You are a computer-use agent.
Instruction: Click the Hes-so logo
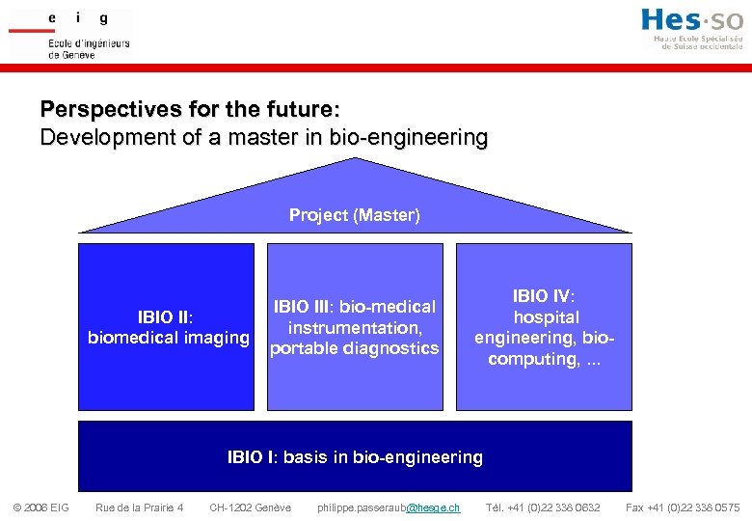coord(691,28)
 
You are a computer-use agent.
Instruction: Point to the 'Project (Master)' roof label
coord(355,215)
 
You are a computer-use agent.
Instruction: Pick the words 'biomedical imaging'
coord(168,338)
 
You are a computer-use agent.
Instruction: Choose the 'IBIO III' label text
coord(301,307)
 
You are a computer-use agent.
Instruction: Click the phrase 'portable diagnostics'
coord(354,348)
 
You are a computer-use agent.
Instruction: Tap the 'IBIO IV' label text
coord(543,296)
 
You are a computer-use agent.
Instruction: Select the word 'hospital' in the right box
coord(546,317)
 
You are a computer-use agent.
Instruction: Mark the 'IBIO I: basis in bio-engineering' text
coord(355,457)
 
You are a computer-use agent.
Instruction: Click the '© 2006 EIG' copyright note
coord(40,507)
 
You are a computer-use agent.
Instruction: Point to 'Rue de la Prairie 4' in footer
coord(139,507)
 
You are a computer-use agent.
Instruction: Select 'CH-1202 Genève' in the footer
coord(250,507)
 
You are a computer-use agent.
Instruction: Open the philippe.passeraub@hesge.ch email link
coord(389,507)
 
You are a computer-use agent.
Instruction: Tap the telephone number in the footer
coord(543,507)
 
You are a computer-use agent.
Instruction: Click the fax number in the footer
coord(683,507)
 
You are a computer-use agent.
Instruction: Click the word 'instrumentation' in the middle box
coord(353,328)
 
